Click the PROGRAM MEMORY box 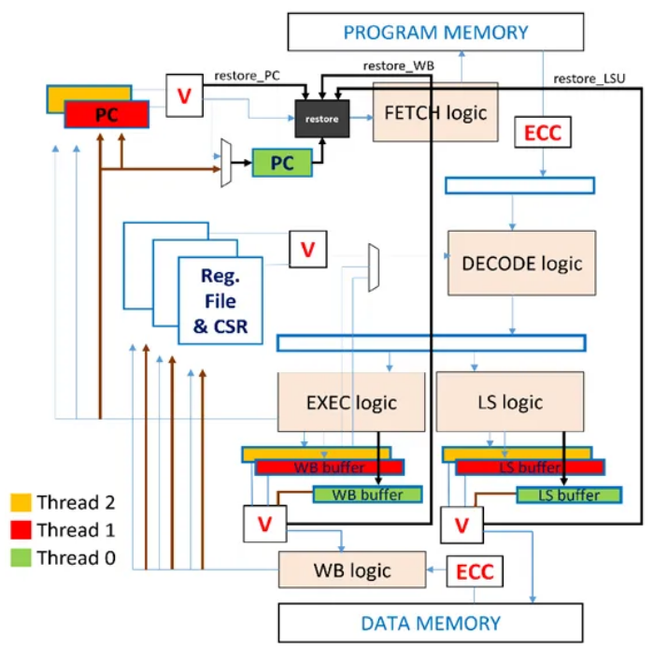click(435, 33)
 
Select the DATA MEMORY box click(431, 623)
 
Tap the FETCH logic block click(435, 113)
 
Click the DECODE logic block click(521, 263)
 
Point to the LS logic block click(509, 402)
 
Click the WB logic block click(350, 569)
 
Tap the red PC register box click(107, 115)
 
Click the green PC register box click(279, 163)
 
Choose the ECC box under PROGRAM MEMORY click(542, 134)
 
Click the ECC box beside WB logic click(475, 570)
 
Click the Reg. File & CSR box click(221, 301)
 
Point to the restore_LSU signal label click(590, 79)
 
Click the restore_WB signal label click(397, 65)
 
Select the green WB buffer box click(367, 495)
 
